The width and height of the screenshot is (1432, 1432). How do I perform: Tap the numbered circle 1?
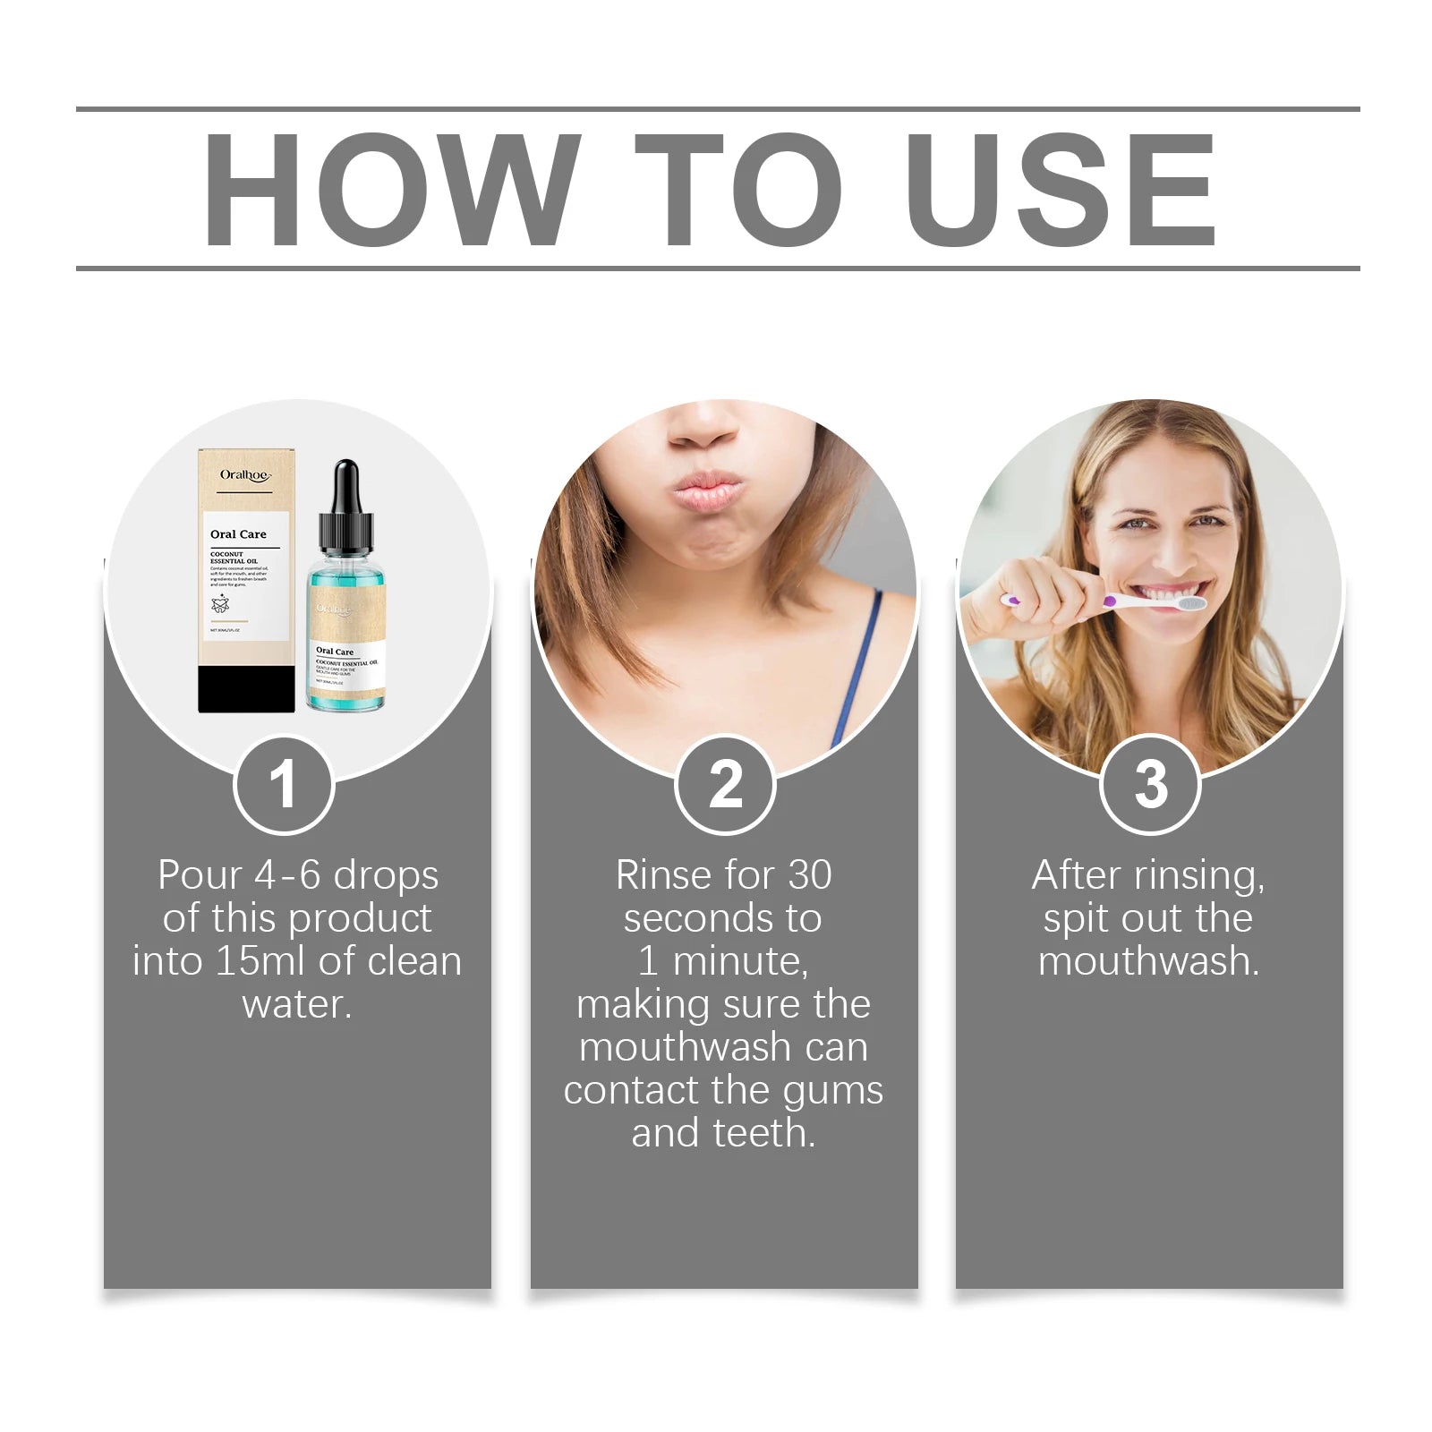[284, 784]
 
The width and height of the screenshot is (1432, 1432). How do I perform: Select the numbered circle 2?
[725, 784]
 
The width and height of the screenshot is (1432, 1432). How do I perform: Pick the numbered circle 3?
[1150, 784]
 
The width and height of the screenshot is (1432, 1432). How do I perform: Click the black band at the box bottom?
[246, 689]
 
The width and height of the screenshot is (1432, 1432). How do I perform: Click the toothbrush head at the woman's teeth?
[1189, 604]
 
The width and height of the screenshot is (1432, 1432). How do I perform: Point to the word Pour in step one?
[200, 875]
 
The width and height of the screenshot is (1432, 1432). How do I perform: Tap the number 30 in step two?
[809, 875]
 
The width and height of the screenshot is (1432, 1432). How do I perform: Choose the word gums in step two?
[833, 1091]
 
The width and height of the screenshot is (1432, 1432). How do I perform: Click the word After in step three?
[1076, 875]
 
